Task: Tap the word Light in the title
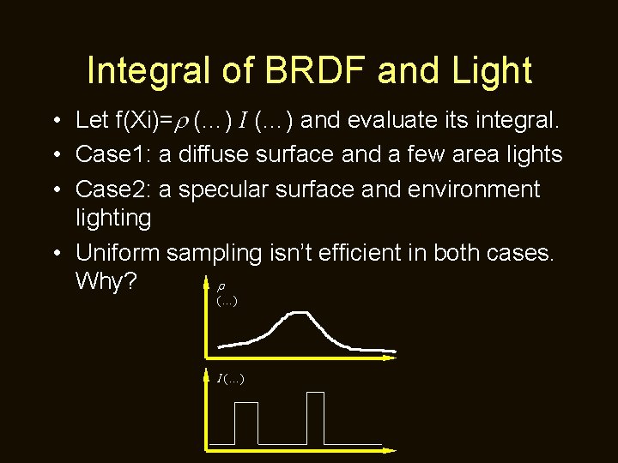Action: point(488,70)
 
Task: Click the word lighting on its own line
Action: point(113,218)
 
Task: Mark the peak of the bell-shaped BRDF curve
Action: point(297,313)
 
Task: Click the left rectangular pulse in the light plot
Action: point(245,422)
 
